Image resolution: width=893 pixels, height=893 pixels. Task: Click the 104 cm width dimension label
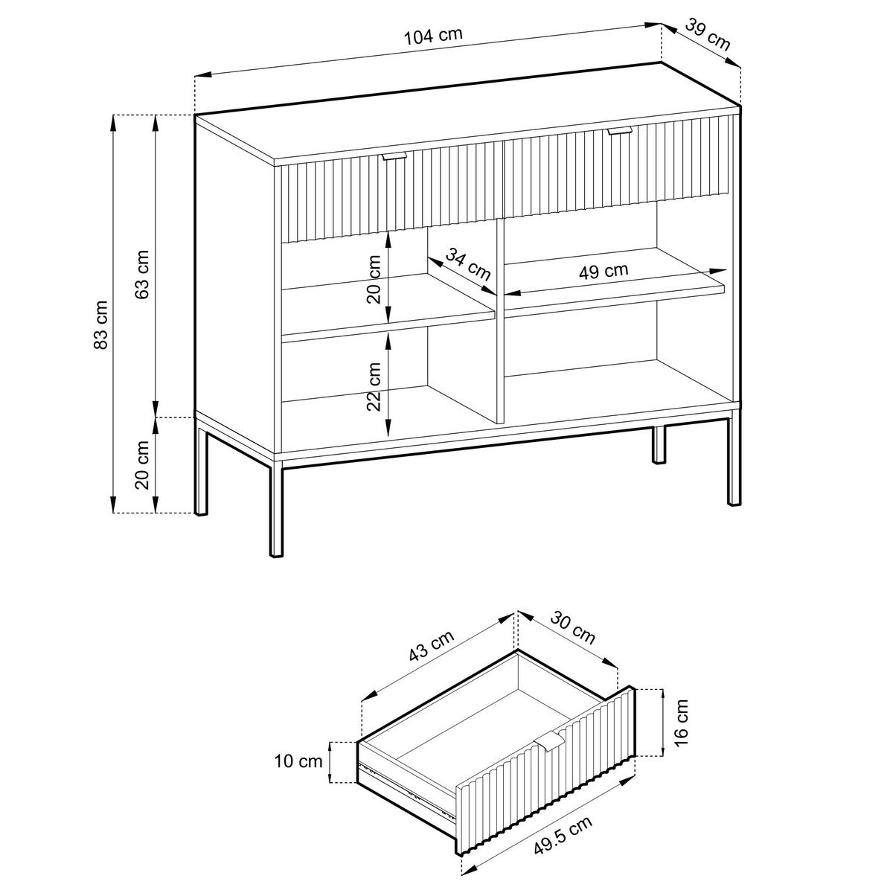435,36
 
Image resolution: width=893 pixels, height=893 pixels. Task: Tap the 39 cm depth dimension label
707,34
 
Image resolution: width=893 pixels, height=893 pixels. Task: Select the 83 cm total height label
102,324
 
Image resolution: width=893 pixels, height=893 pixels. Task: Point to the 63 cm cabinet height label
144,273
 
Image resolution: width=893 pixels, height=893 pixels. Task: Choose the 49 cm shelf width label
604,271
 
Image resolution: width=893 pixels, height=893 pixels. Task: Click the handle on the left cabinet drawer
394,156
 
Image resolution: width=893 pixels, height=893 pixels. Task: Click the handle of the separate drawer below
549,741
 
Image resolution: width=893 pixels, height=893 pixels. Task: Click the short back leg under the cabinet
659,445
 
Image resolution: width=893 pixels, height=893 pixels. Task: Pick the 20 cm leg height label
144,465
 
